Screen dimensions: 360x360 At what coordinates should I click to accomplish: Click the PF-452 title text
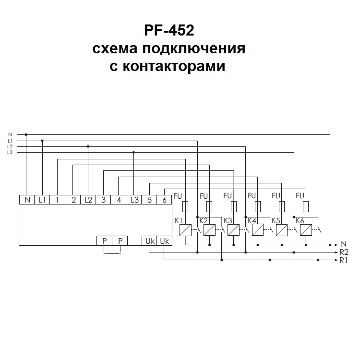click(169, 31)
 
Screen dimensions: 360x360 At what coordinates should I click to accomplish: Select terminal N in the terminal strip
click(27, 200)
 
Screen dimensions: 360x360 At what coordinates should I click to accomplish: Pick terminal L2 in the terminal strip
click(88, 200)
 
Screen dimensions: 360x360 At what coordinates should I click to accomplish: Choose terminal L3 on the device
click(134, 200)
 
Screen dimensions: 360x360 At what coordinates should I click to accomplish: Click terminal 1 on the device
click(57, 200)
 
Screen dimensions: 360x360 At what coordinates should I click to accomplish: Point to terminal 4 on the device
click(119, 200)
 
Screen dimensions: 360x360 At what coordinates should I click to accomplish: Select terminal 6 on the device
click(165, 200)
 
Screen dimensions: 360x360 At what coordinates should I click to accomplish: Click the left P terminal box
click(104, 241)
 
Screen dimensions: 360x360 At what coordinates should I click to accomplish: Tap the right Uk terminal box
click(165, 241)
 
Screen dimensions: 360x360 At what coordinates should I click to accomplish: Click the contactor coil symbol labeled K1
click(185, 230)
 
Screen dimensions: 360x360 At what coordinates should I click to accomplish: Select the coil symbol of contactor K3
click(234, 230)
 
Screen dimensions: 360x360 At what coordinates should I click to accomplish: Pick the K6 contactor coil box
click(306, 230)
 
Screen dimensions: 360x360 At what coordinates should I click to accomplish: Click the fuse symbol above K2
click(210, 206)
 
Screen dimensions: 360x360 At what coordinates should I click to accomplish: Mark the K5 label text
click(276, 221)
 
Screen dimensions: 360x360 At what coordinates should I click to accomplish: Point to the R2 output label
click(344, 252)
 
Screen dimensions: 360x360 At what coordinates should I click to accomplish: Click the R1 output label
click(344, 261)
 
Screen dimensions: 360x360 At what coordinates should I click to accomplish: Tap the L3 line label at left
click(11, 152)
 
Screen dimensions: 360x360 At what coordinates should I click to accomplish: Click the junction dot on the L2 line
click(88, 146)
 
